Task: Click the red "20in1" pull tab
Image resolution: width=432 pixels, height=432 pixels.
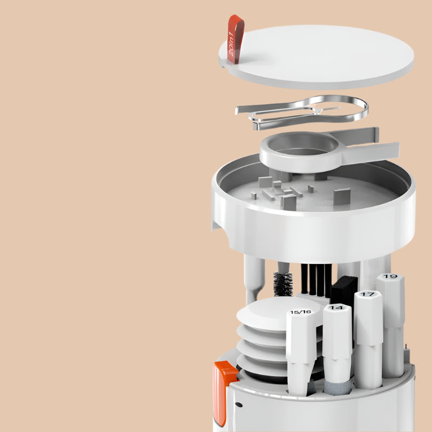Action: pos(235,39)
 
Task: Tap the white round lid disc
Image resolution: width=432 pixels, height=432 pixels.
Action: pos(317,57)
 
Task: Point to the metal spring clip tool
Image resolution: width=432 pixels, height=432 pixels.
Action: pos(302,112)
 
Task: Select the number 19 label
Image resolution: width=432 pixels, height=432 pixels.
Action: pos(389,276)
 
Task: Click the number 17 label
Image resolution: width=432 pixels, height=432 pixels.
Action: pos(367,294)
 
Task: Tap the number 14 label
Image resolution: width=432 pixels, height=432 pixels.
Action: pos(336,307)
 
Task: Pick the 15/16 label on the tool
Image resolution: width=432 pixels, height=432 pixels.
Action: pos(300,312)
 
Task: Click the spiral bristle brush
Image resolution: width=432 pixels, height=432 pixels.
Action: pos(283,284)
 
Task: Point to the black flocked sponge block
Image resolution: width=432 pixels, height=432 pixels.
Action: pos(343,292)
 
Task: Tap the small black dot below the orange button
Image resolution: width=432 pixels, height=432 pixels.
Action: pos(239,404)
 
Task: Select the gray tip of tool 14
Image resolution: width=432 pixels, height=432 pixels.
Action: pos(335,387)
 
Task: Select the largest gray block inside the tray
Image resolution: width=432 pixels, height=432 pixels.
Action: pos(342,197)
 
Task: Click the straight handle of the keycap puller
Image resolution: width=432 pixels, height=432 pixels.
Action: pos(369,152)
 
